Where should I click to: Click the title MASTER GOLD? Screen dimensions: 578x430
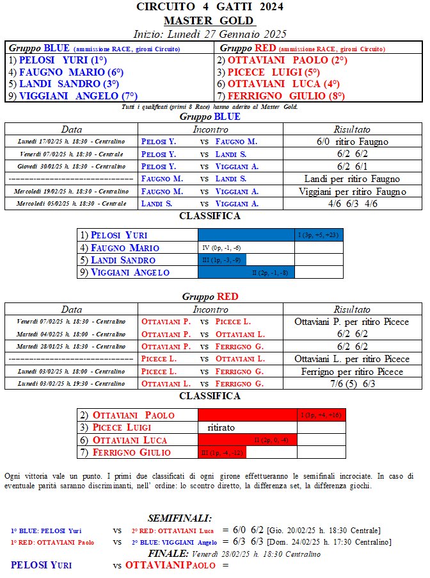214,21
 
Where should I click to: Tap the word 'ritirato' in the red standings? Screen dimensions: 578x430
221,427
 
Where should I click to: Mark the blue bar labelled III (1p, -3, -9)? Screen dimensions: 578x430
222,260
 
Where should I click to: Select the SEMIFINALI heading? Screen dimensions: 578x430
180,518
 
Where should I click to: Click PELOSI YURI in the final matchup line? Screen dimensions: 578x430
42,565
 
